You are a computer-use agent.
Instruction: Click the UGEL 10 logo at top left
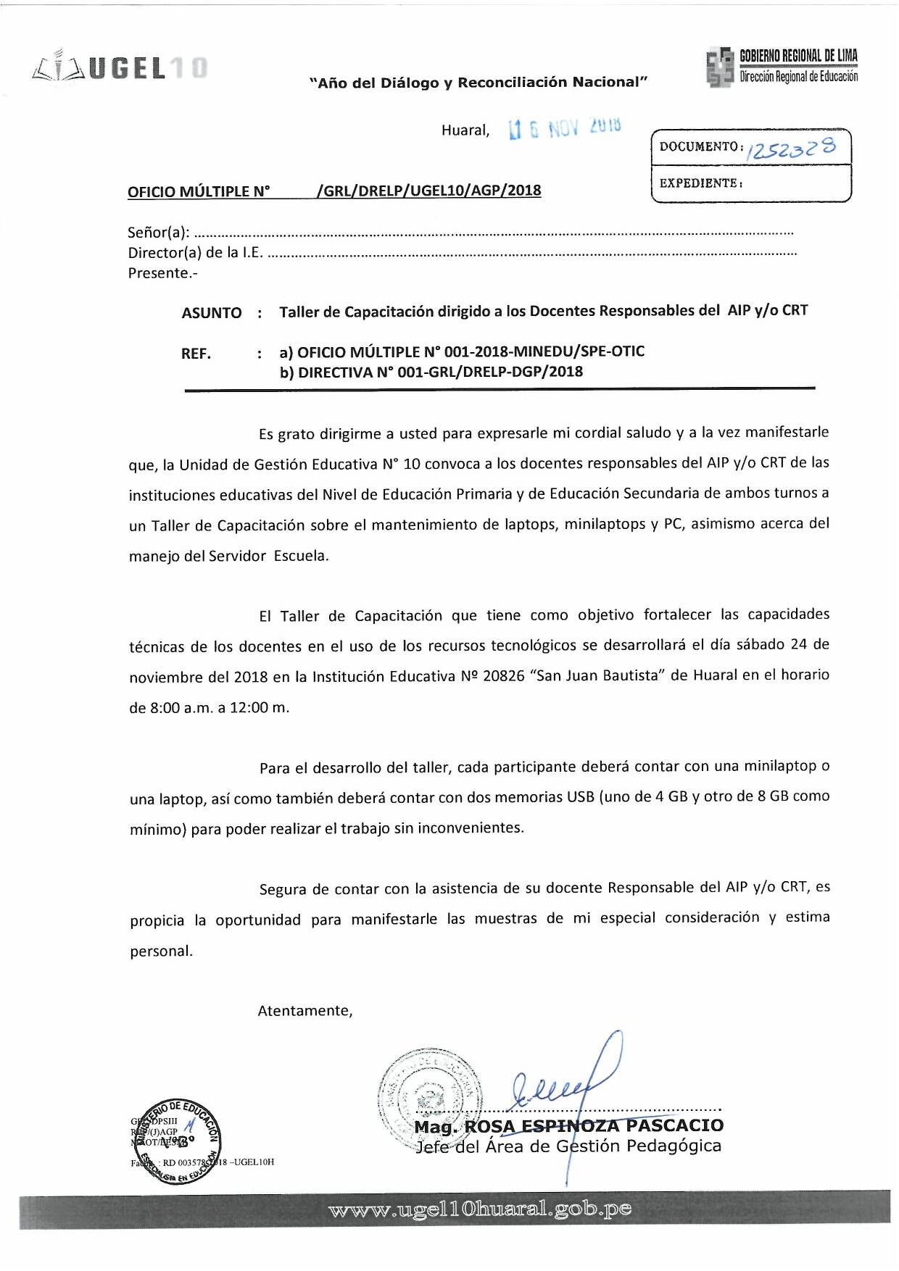pyautogui.click(x=120, y=67)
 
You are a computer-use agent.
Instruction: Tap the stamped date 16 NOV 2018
pyautogui.click(x=565, y=128)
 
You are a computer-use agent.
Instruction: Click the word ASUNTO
pyautogui.click(x=211, y=313)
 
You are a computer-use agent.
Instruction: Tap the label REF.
pyautogui.click(x=196, y=354)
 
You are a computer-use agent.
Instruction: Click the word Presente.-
pyautogui.click(x=162, y=273)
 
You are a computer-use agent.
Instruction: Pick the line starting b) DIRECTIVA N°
pyautogui.click(x=431, y=372)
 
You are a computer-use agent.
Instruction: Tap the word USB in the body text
pyautogui.click(x=580, y=797)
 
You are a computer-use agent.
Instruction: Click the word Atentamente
pyautogui.click(x=305, y=1011)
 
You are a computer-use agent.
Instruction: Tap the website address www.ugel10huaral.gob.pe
pyautogui.click(x=479, y=1209)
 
